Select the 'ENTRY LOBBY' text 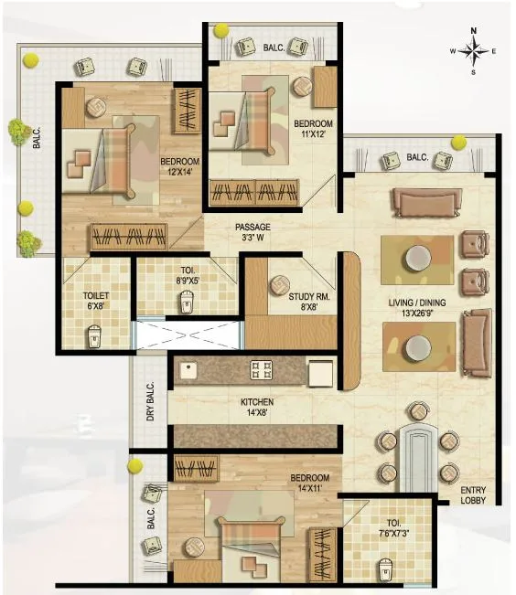pos(474,494)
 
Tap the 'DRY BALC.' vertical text pos(150,403)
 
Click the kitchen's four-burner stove pos(262,370)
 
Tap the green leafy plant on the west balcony pos(17,131)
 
